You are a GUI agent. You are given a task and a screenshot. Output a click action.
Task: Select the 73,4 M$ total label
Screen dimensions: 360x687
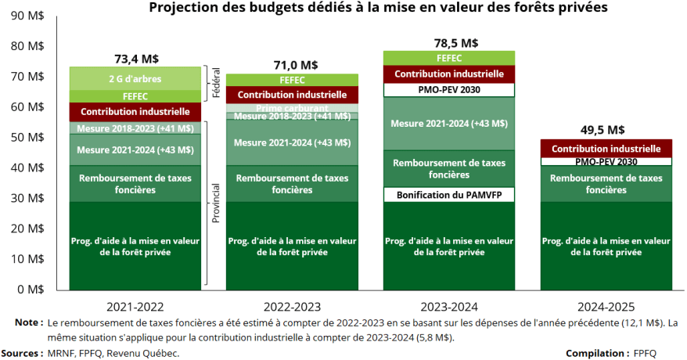[135, 58]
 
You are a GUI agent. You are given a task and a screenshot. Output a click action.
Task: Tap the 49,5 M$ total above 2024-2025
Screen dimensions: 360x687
[606, 130]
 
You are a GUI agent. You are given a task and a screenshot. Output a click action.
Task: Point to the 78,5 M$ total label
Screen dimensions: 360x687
[449, 42]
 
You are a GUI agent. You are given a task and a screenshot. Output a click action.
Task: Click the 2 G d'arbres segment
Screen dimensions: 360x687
[135, 78]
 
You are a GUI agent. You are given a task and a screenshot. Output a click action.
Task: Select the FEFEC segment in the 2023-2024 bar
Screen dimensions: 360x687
[449, 58]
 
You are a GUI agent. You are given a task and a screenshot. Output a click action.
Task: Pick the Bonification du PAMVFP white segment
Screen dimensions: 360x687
[449, 194]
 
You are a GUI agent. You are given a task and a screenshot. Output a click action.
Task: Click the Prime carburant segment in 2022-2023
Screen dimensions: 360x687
[292, 108]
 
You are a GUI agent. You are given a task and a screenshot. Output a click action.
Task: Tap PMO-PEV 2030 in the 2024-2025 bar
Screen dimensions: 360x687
[606, 161]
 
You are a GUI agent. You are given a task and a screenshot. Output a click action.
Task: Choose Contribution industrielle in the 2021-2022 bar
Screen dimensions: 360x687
[135, 112]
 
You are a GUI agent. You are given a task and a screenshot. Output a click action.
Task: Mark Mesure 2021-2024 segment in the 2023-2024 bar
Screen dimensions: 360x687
[449, 124]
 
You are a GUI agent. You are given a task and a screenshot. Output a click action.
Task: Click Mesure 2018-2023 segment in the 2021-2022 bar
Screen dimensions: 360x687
[135, 128]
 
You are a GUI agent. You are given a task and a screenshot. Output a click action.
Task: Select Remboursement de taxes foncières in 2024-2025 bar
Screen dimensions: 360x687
[606, 183]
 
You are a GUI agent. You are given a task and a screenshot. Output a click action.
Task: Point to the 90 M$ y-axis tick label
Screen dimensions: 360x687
[27, 16]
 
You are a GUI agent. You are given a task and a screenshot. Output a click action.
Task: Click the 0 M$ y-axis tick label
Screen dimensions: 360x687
[30, 289]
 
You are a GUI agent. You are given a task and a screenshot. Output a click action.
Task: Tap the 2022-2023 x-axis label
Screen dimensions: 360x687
[292, 306]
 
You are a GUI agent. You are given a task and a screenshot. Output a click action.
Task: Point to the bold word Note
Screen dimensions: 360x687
[28, 322]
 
